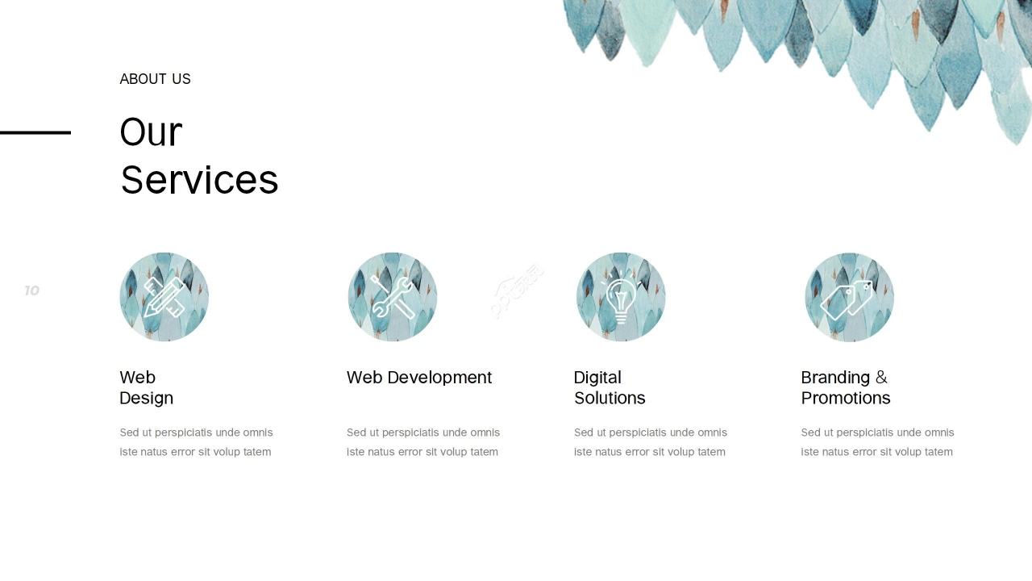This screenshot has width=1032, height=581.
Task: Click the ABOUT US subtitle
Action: [x=155, y=79]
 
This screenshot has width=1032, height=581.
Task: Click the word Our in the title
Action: [x=151, y=132]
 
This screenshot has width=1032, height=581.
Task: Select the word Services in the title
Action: [x=199, y=180]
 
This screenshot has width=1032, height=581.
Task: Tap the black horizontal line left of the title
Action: [x=35, y=132]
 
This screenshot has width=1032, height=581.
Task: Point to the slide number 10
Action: [x=31, y=290]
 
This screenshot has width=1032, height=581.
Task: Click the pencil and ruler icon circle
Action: [x=164, y=297]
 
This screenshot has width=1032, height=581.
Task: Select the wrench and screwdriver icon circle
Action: [x=393, y=297]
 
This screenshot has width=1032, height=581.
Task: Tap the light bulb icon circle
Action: [x=621, y=297]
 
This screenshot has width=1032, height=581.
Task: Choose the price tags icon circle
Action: [x=850, y=297]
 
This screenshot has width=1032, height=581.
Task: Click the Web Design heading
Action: [x=147, y=388]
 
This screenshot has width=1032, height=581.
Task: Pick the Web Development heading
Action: [x=419, y=378]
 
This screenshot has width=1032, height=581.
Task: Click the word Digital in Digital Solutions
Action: [x=597, y=378]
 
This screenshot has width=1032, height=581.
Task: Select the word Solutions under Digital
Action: [x=610, y=398]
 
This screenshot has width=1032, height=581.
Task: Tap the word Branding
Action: [x=835, y=378]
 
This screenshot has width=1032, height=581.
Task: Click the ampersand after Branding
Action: [x=881, y=377]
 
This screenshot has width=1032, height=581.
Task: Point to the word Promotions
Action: [x=846, y=398]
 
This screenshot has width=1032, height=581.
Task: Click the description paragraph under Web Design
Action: [x=196, y=442]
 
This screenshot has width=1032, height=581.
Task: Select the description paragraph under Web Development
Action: [x=423, y=442]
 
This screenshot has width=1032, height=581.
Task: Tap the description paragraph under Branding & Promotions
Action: [x=877, y=442]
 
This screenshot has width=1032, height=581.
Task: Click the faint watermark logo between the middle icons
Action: [x=517, y=291]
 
